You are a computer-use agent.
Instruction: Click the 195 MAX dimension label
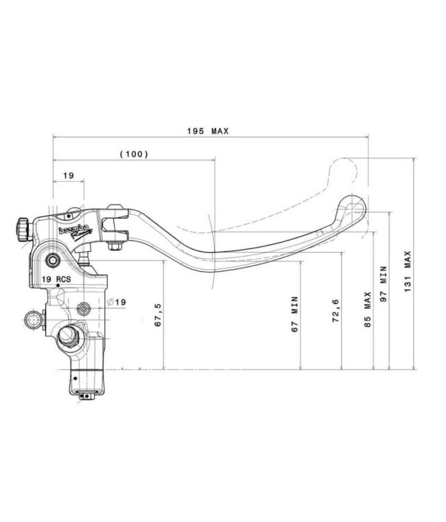coord(208,131)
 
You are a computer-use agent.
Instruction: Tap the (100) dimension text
coord(134,154)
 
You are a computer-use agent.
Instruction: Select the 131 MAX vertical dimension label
coord(408,272)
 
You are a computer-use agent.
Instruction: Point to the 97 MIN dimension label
coord(384,284)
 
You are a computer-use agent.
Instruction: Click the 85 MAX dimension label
coord(368,309)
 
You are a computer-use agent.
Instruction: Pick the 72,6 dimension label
coord(336,310)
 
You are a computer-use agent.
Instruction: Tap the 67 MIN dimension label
coord(294,315)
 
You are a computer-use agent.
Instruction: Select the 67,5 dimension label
coord(158,315)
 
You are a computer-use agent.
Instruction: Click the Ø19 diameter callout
coord(117,302)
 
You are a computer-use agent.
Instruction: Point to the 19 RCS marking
coord(56,280)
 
